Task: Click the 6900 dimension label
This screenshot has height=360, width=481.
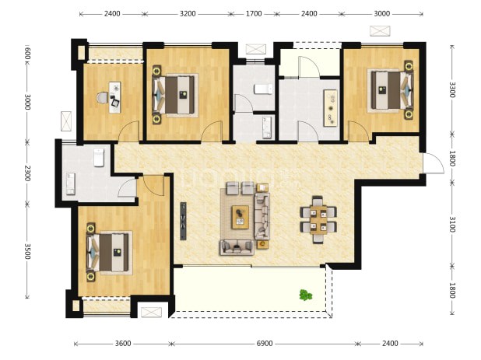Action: coord(265,344)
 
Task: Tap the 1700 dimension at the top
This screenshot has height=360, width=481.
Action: coord(254,14)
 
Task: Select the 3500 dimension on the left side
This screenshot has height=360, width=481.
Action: coord(27,251)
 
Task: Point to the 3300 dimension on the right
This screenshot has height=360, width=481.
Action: coord(452,89)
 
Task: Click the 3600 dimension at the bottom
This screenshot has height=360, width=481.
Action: coord(123,344)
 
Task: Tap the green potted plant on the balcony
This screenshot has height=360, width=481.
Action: coord(306,295)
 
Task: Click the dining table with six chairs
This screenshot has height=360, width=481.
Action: coord(318,220)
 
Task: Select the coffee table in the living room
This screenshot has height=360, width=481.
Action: coord(240,217)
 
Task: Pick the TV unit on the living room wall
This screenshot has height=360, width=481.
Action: coord(183,221)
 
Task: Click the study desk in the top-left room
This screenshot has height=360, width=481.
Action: coord(115,97)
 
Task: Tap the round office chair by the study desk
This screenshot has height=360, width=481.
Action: coord(103,98)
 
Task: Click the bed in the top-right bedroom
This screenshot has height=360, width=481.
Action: coord(390,90)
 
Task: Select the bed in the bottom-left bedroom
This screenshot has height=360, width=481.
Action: coord(110,253)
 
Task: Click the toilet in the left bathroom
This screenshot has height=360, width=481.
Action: coord(99,158)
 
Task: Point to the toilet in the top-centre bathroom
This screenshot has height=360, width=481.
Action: coord(263,89)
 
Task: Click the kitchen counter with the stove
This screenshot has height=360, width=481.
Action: coord(331,108)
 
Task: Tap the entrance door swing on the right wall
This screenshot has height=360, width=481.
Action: coord(434,163)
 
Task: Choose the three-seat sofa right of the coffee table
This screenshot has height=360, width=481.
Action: coord(262,216)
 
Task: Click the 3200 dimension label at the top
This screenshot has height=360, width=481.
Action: coord(188,14)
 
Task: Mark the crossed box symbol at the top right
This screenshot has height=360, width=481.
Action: coord(380,31)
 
